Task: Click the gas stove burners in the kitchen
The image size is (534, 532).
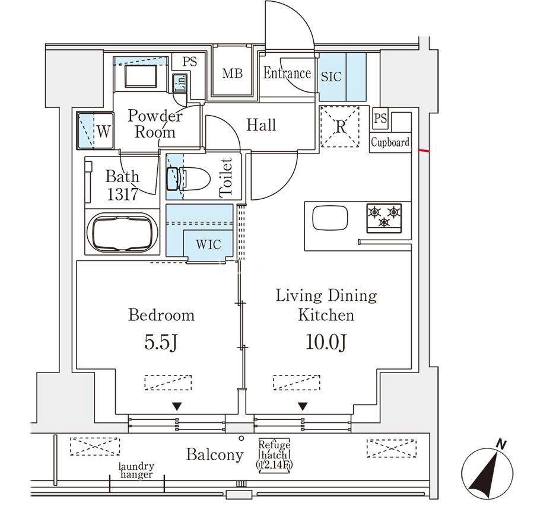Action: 384,216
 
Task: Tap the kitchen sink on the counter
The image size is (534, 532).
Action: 330,218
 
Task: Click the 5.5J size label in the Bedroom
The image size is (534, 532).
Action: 161,343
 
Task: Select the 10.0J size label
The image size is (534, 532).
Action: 326,343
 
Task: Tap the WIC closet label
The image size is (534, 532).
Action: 209,245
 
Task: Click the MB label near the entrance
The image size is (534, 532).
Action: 232,74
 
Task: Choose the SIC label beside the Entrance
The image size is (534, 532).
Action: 331,77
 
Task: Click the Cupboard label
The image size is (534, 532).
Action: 390,142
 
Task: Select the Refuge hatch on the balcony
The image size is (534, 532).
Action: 274,455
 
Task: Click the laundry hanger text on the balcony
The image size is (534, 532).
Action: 136,470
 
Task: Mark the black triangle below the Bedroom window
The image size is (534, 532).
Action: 177,407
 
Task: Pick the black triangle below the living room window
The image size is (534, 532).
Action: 303,407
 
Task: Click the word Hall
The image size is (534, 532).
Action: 261,125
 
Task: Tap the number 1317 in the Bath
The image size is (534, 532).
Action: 122,193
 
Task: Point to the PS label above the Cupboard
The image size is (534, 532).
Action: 380,119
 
